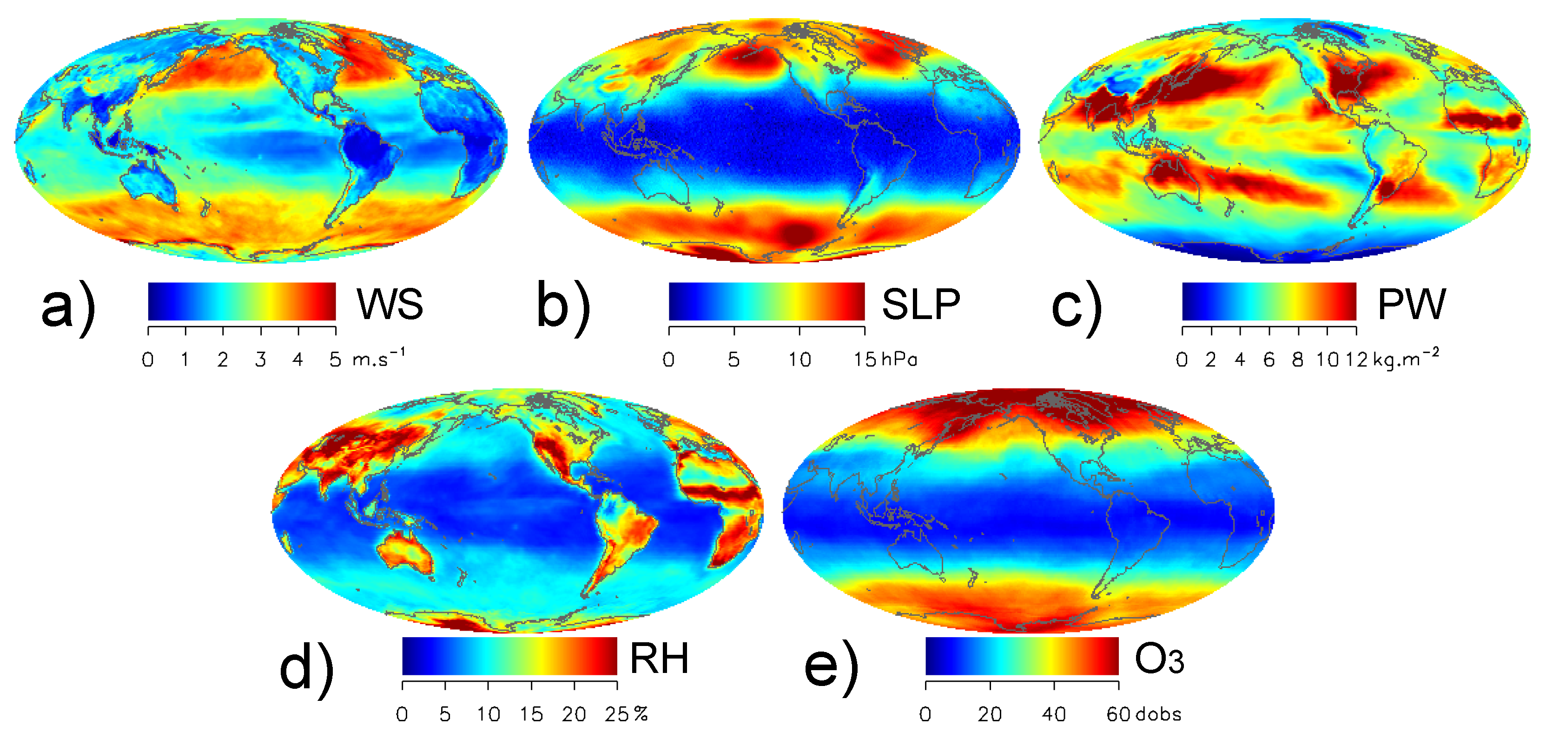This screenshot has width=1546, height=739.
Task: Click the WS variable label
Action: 390,304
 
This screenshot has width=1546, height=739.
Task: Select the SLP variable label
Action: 921,304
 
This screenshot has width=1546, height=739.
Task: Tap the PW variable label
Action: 1412,304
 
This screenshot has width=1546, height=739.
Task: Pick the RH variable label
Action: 659,659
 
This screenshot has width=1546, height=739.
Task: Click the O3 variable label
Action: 1159,659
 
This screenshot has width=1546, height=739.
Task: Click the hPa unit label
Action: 899,359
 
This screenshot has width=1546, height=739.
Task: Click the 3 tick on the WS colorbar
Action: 260,359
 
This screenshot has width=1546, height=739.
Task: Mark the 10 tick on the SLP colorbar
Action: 799,359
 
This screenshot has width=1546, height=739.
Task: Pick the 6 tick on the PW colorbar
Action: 1269,359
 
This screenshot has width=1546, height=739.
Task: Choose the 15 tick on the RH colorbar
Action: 531,714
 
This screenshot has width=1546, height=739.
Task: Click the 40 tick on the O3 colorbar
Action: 1054,714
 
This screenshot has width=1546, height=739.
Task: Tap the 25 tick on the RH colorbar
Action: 616,714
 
